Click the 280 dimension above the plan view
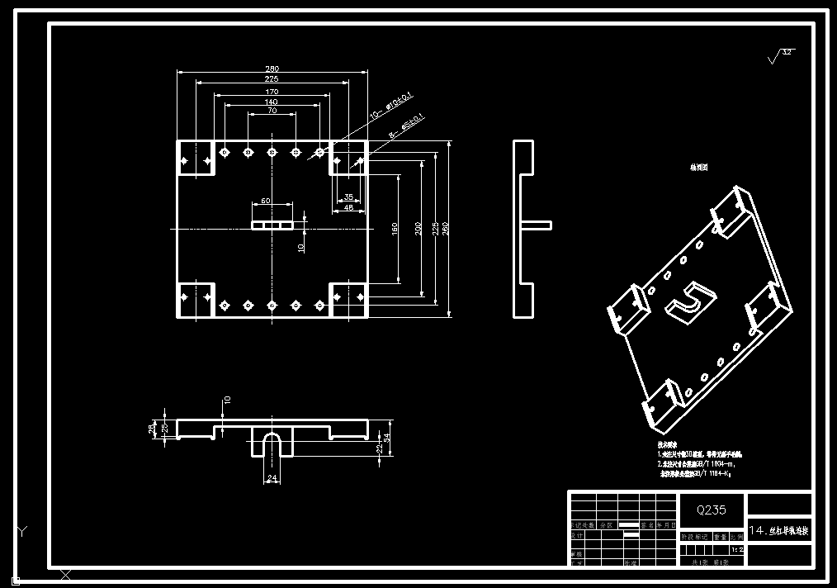click(272, 69)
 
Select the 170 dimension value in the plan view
click(272, 91)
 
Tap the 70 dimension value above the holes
click(272, 111)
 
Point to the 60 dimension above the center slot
click(266, 201)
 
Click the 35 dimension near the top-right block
click(348, 197)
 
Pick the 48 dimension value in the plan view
click(348, 208)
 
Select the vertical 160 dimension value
click(395, 227)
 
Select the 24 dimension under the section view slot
click(272, 477)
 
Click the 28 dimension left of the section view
click(151, 428)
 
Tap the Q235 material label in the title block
click(712, 510)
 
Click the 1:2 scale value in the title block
click(737, 549)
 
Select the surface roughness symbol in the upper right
click(779, 56)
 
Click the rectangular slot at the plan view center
click(272, 225)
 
